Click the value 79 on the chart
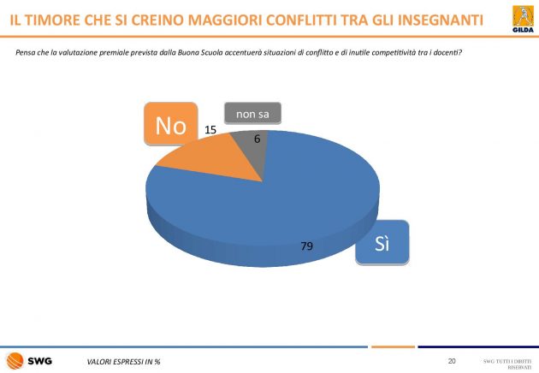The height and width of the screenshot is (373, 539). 306,246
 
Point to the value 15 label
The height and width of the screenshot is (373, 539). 210,129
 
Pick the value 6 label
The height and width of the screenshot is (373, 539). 257,138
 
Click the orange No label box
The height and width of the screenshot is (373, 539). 171,126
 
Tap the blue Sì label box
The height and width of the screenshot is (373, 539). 382,243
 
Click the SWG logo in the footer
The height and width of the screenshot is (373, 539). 29,360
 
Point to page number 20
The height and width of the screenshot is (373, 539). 452,360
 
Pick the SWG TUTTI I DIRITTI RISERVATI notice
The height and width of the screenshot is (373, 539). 507,363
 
